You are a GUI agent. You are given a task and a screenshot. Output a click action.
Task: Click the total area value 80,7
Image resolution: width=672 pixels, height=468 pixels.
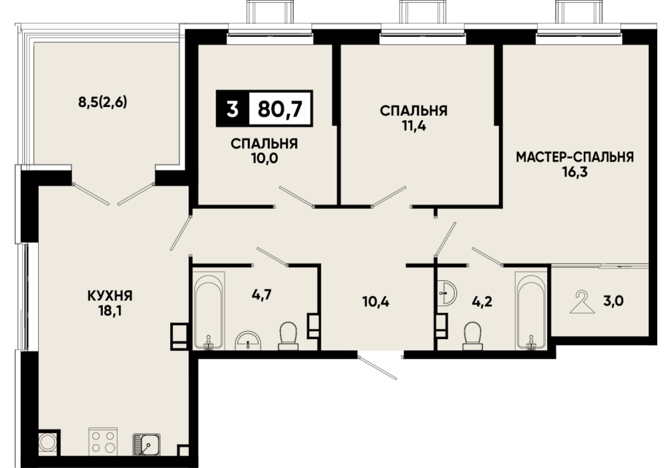coord(281,109)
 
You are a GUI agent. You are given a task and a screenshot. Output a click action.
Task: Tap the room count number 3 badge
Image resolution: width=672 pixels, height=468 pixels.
coord(232,109)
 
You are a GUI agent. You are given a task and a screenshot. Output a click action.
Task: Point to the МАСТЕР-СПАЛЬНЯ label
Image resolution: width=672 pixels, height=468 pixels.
coord(574,157)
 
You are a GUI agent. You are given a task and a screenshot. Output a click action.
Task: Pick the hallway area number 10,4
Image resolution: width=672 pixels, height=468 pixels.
coord(375,302)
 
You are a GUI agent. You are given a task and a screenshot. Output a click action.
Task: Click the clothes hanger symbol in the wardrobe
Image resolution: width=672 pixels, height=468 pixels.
coord(582,302)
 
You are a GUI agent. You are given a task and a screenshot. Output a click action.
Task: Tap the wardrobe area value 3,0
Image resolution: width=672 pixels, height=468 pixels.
coord(613,301)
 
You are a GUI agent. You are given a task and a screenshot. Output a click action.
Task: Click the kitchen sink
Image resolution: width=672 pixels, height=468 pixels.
coord(146,445)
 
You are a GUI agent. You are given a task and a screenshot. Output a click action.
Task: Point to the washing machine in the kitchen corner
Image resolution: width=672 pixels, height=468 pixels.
coord(48,442)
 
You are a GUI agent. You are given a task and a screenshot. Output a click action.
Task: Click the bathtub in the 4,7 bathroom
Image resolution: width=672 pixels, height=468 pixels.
coord(208,310)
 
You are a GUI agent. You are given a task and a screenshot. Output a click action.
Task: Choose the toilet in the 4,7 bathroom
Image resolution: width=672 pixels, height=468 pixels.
coord(289,337)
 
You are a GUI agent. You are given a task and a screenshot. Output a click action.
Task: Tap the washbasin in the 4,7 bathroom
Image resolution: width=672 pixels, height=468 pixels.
coord(248,340)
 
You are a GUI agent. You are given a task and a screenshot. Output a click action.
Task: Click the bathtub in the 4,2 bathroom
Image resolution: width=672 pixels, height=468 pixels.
coord(532,311)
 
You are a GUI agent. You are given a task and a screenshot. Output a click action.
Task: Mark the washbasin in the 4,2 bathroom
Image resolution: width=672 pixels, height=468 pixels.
coord(448,294)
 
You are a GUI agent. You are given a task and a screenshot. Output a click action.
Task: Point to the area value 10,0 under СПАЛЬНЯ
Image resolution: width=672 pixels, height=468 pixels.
coord(264,159)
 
